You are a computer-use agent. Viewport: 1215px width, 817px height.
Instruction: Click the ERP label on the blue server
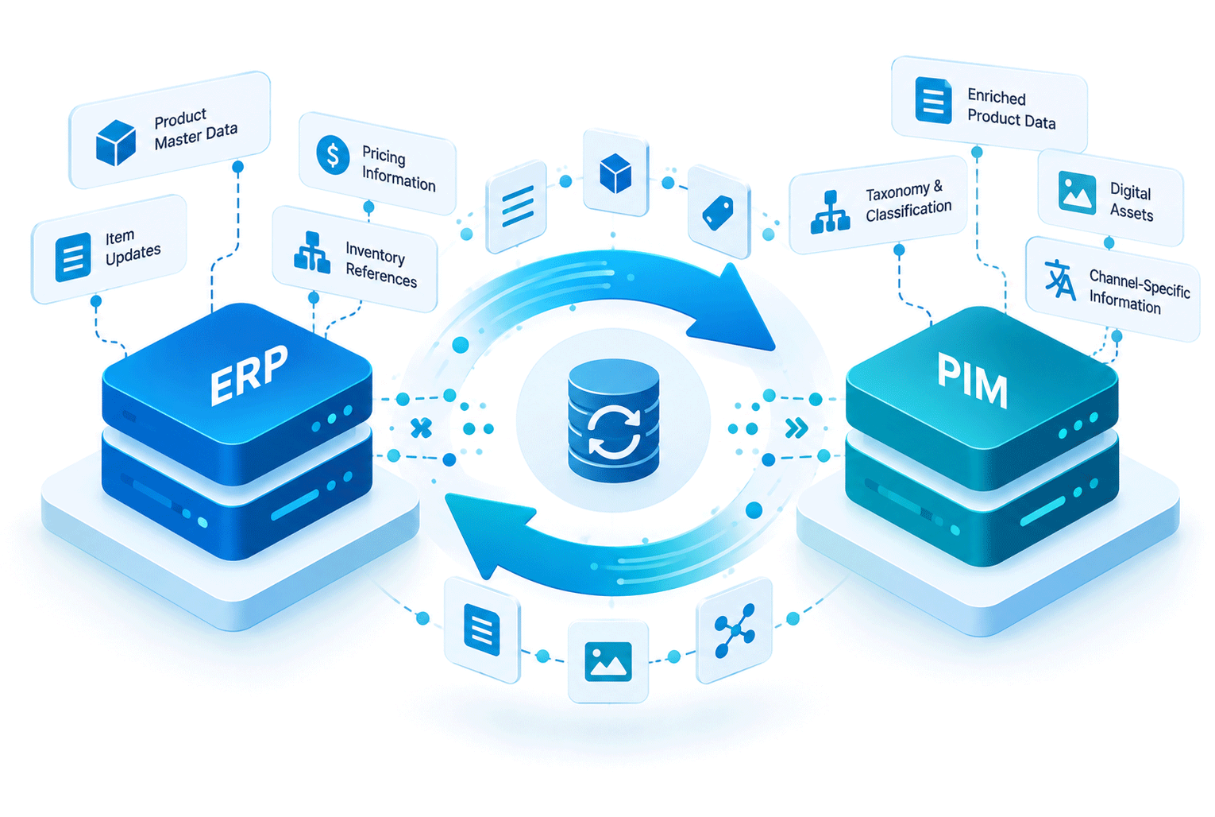(x=249, y=375)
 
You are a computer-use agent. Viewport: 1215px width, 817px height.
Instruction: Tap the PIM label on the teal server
(x=972, y=379)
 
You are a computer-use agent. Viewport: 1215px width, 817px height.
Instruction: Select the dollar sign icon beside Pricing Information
(x=333, y=155)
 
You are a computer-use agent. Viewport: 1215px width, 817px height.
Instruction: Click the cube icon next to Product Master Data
(x=115, y=142)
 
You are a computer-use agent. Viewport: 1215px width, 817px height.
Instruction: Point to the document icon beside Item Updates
(x=73, y=257)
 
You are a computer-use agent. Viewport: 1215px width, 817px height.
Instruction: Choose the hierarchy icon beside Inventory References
(x=312, y=253)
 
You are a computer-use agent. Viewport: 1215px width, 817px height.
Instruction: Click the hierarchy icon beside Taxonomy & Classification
(x=830, y=212)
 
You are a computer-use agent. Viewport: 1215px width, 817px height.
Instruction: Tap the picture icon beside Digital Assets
(x=1078, y=192)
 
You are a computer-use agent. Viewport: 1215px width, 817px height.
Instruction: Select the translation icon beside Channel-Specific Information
(x=1060, y=279)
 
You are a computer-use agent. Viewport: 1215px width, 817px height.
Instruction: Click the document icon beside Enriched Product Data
(x=933, y=100)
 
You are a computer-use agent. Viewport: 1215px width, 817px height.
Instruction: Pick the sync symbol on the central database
(x=614, y=432)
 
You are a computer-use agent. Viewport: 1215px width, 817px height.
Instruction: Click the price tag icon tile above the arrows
(x=719, y=212)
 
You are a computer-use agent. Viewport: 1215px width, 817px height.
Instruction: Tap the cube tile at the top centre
(x=615, y=172)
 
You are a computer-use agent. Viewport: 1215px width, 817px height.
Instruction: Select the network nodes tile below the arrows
(x=735, y=630)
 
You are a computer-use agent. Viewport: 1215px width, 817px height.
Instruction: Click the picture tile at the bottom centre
(x=608, y=661)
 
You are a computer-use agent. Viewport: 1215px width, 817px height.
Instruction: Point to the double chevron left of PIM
(x=796, y=428)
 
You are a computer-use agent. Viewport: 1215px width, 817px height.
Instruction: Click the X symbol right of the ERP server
(x=421, y=428)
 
